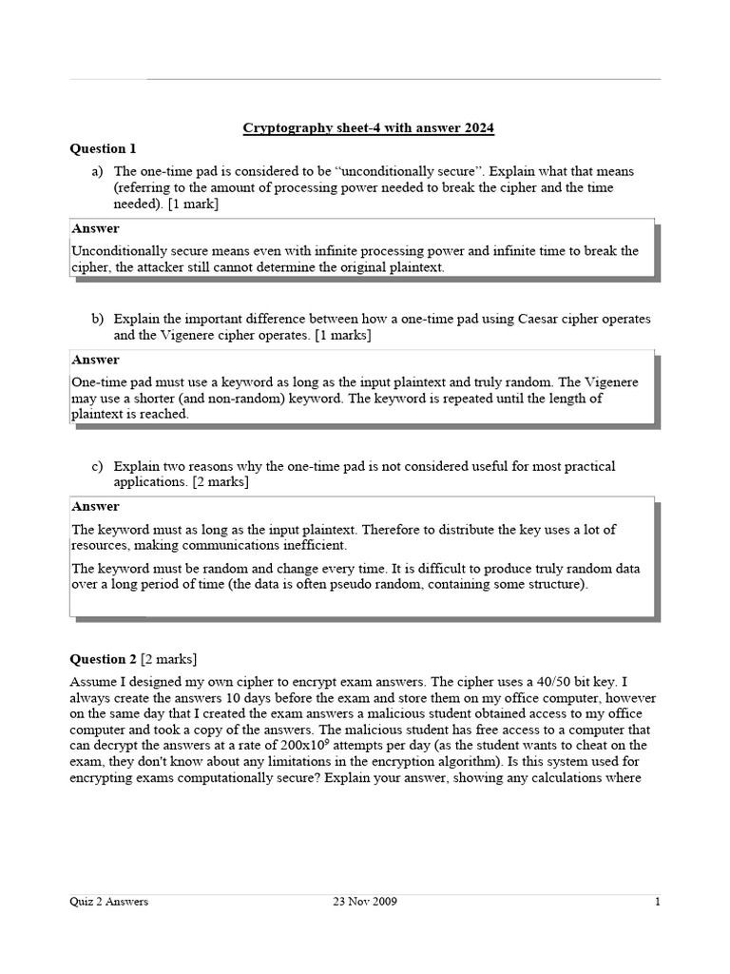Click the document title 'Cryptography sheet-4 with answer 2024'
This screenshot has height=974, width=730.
tap(369, 127)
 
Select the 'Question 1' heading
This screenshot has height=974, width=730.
tap(104, 148)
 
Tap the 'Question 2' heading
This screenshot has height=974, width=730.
tap(104, 659)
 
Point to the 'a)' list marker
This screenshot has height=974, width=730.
tap(97, 171)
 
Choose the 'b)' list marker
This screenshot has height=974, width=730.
tap(97, 319)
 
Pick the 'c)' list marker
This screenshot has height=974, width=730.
tap(97, 466)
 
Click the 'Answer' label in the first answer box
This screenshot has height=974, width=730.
tap(96, 229)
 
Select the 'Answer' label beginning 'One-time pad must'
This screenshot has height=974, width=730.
tap(96, 360)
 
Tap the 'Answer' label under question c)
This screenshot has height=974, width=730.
tap(96, 507)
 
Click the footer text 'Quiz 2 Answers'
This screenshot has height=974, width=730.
tap(109, 903)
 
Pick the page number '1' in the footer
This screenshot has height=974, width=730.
tap(657, 903)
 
